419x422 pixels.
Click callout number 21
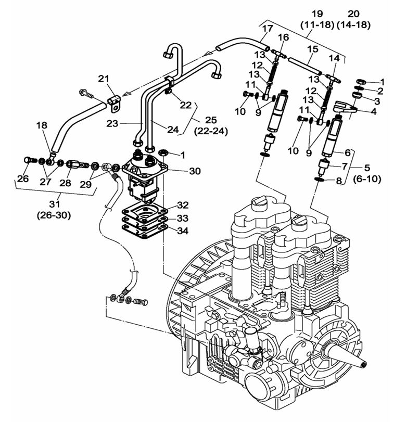click(x=104, y=78)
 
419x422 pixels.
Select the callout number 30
click(x=180, y=171)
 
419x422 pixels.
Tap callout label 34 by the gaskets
click(x=182, y=231)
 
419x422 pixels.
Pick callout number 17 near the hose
click(x=267, y=29)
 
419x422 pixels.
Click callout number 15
click(x=312, y=49)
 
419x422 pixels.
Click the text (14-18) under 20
click(x=352, y=24)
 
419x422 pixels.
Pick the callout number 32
click(x=182, y=205)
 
